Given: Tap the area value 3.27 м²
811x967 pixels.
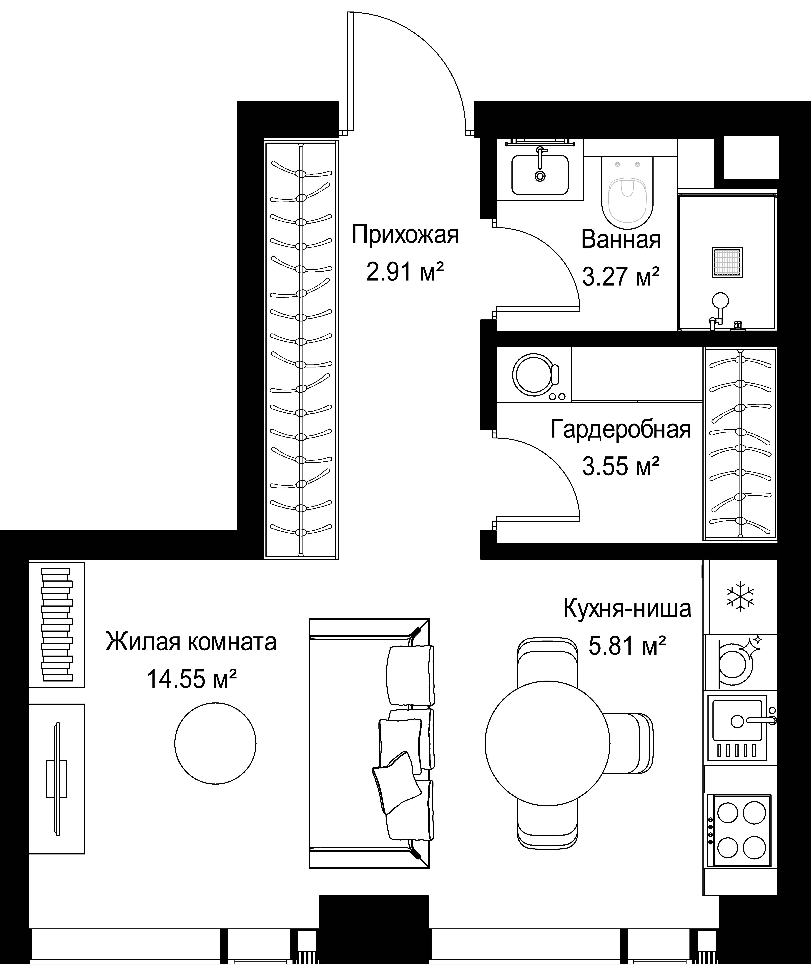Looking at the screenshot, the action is pyautogui.click(x=621, y=277).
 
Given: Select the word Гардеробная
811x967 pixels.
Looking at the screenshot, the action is pyautogui.click(x=621, y=429).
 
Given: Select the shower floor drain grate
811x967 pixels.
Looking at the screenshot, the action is pyautogui.click(x=727, y=263).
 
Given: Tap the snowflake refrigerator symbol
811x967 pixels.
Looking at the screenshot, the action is pyautogui.click(x=740, y=597).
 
